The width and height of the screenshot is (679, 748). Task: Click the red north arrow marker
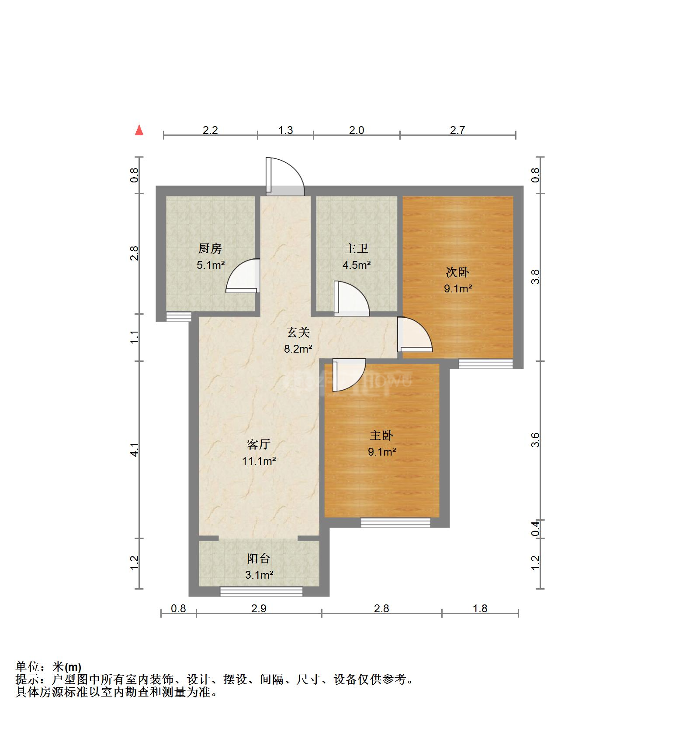click(139, 130)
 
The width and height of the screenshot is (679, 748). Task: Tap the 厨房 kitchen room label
click(210, 249)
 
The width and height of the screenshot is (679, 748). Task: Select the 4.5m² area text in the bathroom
click(357, 265)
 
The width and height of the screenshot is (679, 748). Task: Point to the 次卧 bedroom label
click(457, 272)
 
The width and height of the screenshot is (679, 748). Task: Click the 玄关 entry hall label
click(298, 333)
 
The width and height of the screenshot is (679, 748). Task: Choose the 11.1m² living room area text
click(259, 461)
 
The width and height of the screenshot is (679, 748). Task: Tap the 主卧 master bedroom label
click(381, 436)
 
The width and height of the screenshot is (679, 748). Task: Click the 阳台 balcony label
click(259, 559)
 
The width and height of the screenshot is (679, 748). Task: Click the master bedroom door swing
click(348, 374)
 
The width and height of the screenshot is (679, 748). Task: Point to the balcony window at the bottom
click(261, 591)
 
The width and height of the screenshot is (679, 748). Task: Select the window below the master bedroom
click(395, 522)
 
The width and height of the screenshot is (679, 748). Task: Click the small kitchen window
click(179, 316)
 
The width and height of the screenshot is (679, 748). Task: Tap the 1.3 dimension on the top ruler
click(285, 130)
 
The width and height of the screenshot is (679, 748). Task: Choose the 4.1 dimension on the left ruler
click(135, 449)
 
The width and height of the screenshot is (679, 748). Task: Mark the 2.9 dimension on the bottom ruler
click(259, 608)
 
